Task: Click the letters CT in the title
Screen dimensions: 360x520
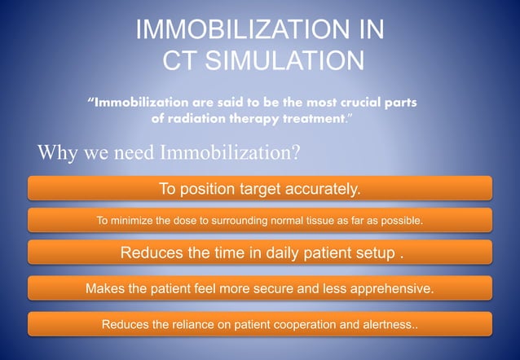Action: pos(181,61)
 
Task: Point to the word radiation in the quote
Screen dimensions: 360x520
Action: pos(203,119)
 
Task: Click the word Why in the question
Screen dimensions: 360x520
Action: pos(55,153)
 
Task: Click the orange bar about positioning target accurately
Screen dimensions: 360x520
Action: pos(260,189)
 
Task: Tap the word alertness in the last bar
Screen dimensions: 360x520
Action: pos(386,325)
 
